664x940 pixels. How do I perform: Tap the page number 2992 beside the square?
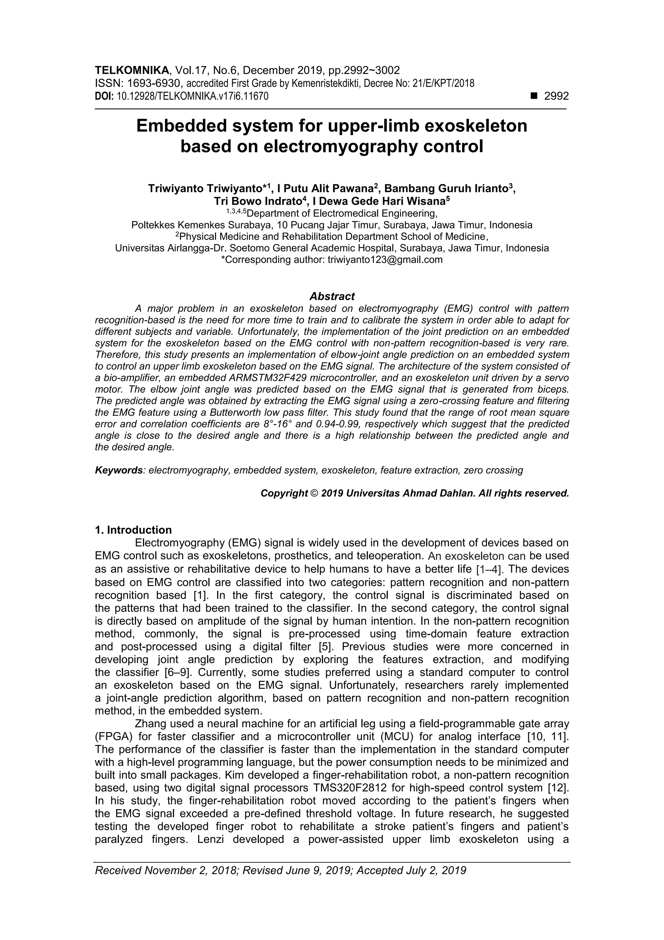pyautogui.click(x=556, y=96)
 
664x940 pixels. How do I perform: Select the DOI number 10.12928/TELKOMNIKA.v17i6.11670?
pyautogui.click(x=193, y=97)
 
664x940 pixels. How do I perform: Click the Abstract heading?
pyautogui.click(x=332, y=296)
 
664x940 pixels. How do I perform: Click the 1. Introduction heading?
pyautogui.click(x=133, y=530)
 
